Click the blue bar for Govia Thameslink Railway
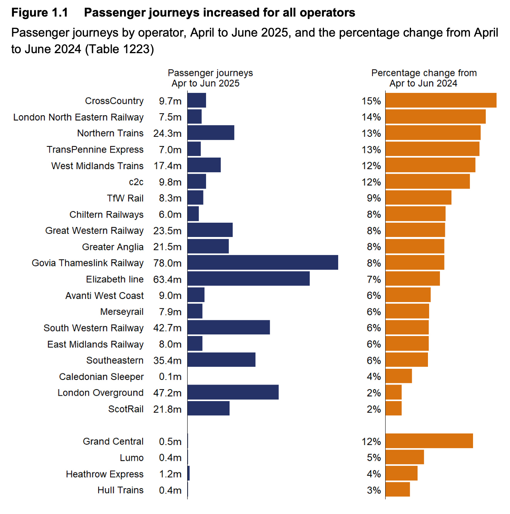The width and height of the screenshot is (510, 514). (263, 262)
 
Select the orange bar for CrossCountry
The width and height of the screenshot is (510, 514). (441, 100)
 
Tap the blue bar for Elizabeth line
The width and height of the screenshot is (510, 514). (248, 279)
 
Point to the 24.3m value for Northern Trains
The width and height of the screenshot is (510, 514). (167, 133)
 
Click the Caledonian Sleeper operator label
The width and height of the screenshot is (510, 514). (101, 376)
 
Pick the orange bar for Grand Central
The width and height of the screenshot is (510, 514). (429, 441)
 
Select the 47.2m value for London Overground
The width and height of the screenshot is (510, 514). (167, 393)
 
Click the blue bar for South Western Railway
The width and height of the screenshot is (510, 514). (228, 327)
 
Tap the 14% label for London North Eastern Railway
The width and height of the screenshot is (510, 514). (371, 117)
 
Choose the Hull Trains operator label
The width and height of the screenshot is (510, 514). (120, 490)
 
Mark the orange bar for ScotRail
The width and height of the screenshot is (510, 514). (393, 408)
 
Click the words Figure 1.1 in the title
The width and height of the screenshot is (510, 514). (40, 13)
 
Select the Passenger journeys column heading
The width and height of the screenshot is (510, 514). (210, 78)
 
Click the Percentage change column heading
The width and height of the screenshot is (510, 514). (424, 78)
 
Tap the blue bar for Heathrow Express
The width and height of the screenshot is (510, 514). (188, 473)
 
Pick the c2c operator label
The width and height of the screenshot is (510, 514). (136, 182)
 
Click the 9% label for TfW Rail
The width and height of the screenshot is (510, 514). (374, 198)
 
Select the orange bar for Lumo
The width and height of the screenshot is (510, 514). (404, 457)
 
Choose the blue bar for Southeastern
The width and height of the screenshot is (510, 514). (221, 359)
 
